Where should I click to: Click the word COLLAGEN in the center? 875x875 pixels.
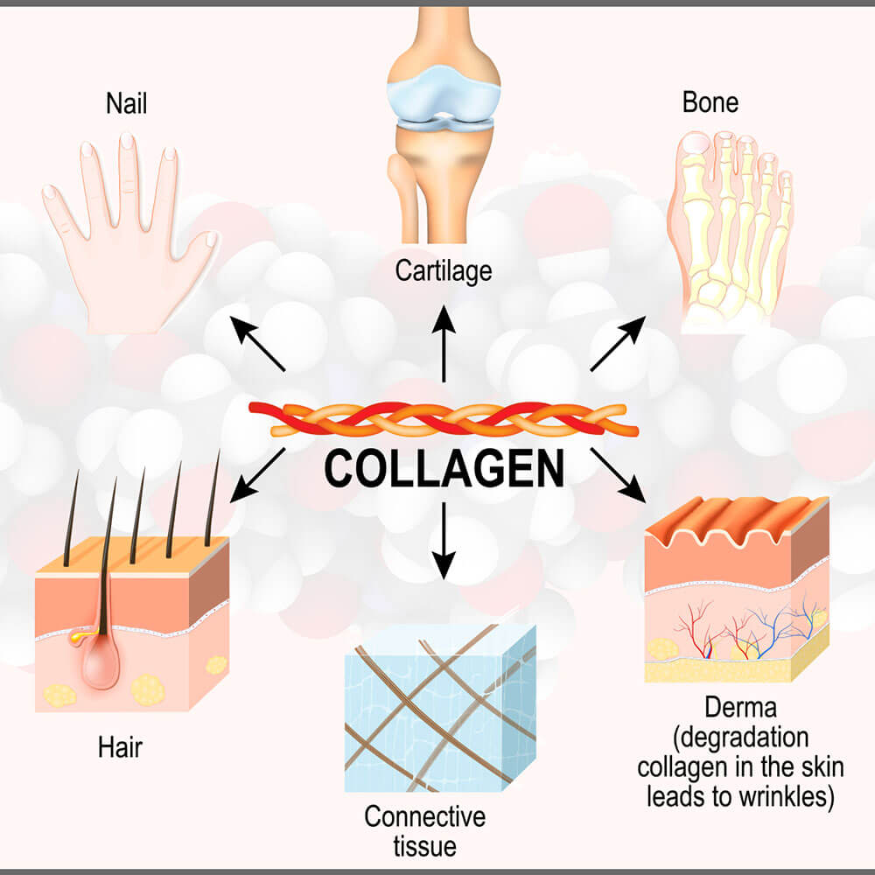444,468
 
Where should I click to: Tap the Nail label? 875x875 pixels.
127,104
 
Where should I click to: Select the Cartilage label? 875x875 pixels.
444,272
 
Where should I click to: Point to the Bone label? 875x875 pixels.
710,102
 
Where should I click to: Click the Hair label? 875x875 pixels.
120,747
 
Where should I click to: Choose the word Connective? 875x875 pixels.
425,817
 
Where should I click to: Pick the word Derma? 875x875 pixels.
740,708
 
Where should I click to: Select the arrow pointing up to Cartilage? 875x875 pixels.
444,344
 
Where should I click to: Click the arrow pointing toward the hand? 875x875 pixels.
258,344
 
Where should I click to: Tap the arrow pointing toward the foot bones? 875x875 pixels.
619,343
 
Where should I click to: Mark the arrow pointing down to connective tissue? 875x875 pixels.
444,541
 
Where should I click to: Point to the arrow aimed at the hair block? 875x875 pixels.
258,475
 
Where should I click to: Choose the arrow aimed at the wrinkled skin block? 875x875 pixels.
619,475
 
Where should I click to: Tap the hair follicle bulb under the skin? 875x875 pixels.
101,663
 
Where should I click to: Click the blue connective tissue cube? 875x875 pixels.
440,708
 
